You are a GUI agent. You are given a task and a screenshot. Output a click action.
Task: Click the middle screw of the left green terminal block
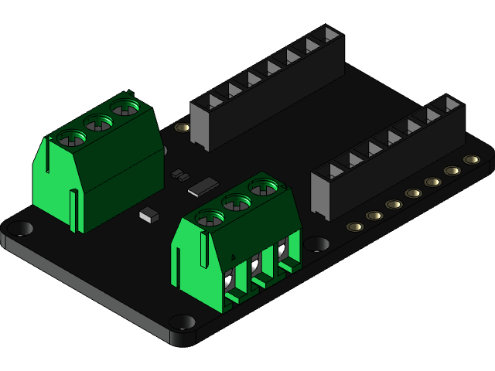pos(99,122)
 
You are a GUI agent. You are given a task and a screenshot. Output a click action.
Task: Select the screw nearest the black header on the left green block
pos(124,107)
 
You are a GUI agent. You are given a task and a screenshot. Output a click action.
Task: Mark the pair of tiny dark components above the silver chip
pos(179,174)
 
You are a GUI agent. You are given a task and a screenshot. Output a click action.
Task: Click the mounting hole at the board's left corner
pos(21,228)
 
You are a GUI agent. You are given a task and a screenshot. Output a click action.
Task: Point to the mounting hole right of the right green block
pos(316,244)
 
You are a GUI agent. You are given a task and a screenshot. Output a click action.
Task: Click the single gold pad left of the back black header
pos(183,128)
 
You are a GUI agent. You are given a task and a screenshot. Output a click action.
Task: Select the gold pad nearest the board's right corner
pos(471,160)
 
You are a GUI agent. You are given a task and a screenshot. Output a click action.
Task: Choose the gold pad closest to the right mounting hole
pos(355,227)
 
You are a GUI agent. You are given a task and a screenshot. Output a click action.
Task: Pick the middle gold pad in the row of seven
pos(413,193)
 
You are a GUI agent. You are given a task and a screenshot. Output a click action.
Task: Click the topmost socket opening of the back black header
pos(330,35)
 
